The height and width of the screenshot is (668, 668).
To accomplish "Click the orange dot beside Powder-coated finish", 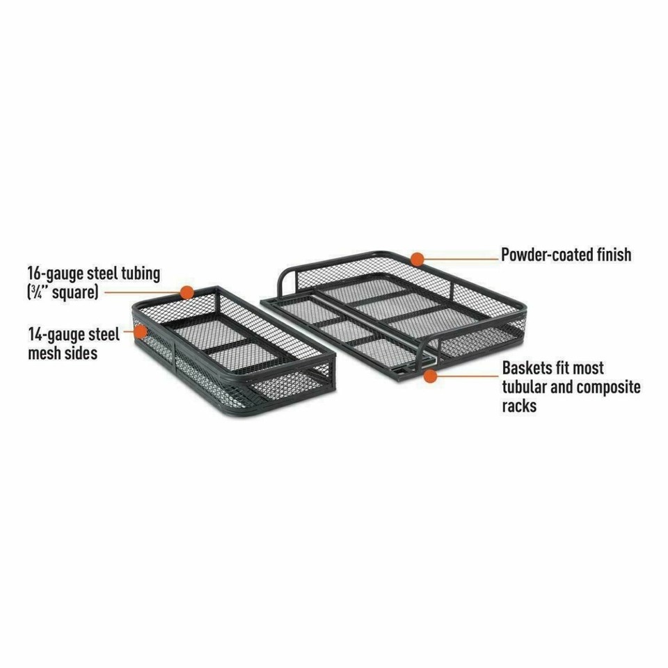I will [x=417, y=259].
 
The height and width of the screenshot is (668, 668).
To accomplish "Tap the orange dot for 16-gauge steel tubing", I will [x=186, y=292].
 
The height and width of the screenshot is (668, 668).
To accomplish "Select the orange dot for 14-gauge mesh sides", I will [x=140, y=332].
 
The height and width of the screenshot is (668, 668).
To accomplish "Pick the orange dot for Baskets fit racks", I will [x=431, y=376].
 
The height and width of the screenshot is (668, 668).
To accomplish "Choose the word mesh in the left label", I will [x=43, y=353].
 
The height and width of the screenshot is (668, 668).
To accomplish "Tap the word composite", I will [x=610, y=387].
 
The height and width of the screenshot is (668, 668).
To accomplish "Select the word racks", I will [x=519, y=406].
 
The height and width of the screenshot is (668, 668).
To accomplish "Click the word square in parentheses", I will [x=73, y=292].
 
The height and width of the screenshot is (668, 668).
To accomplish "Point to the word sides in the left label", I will [x=81, y=353].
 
